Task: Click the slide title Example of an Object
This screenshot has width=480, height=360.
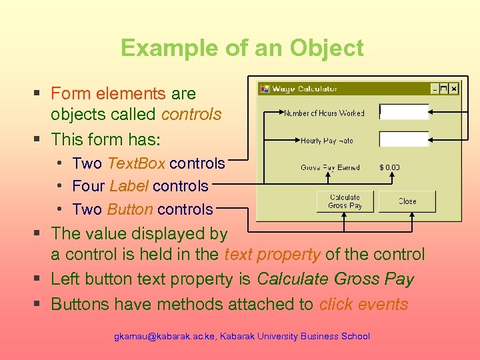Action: coord(242,48)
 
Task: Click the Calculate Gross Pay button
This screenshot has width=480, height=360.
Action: coord(344,201)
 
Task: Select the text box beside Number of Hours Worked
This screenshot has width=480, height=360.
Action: coord(403,112)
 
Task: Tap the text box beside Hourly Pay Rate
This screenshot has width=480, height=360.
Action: coord(403,139)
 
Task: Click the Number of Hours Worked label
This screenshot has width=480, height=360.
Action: coord(324,113)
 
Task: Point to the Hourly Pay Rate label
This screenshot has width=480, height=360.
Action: coord(327,141)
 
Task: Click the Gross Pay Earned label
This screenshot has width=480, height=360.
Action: coord(330,167)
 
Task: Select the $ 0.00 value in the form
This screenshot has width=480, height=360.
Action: coord(389,167)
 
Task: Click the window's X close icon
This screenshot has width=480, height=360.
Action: coord(453,89)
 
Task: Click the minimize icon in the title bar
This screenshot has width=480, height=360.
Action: coord(436,89)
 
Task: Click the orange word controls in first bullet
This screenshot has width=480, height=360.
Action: coord(191,115)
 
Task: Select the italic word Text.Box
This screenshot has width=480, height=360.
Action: coord(137,163)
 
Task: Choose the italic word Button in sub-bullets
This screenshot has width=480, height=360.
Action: coord(130,209)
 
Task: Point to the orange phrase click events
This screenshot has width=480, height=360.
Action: coord(363,305)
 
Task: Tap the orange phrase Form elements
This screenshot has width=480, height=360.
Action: coord(108,94)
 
